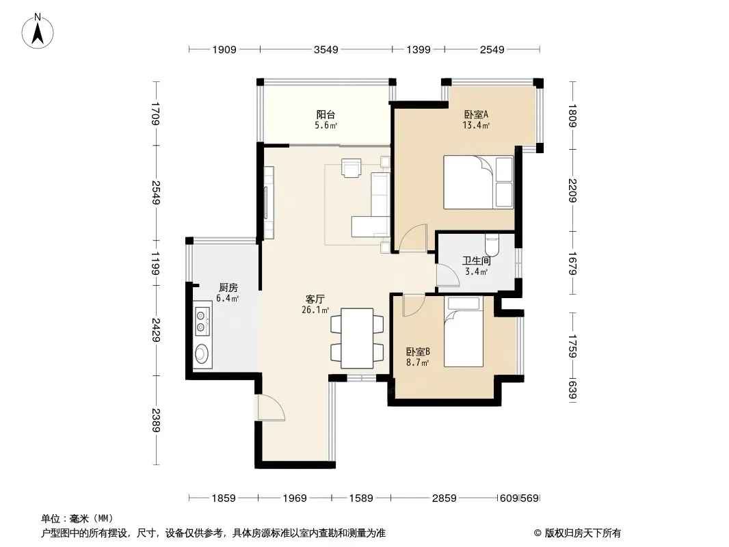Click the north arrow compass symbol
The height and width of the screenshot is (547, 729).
tap(38, 31)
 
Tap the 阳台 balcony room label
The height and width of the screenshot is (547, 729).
tap(326, 114)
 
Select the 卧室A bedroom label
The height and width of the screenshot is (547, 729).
tap(476, 114)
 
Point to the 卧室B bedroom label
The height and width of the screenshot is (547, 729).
tap(418, 352)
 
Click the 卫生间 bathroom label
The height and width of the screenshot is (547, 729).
tap(476, 261)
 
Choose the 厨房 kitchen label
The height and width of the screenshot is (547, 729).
tap(228, 288)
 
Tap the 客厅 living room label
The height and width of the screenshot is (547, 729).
tap(315, 299)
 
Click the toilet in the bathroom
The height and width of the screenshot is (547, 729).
tap(492, 245)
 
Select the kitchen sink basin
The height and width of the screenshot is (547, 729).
tap(202, 353)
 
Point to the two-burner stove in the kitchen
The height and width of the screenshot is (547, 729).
tap(201, 321)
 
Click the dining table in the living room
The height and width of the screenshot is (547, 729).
tap(357, 338)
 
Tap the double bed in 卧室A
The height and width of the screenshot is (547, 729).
tap(479, 182)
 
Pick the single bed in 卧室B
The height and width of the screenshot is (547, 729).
tap(464, 332)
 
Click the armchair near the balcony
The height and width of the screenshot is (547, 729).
tap(351, 168)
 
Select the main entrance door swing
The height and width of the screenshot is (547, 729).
tap(271, 408)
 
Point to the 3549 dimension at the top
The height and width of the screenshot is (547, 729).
tap(326, 49)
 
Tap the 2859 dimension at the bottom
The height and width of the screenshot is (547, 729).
tap(444, 498)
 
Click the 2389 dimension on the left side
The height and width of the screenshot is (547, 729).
tap(156, 420)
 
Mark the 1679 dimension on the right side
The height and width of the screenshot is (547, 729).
tap(572, 263)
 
